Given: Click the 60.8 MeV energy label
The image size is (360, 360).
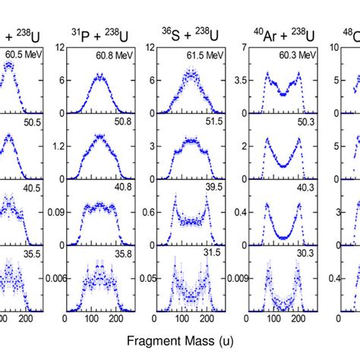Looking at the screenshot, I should [x=113, y=55].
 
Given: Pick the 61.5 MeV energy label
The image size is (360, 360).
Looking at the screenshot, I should [x=207, y=55].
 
